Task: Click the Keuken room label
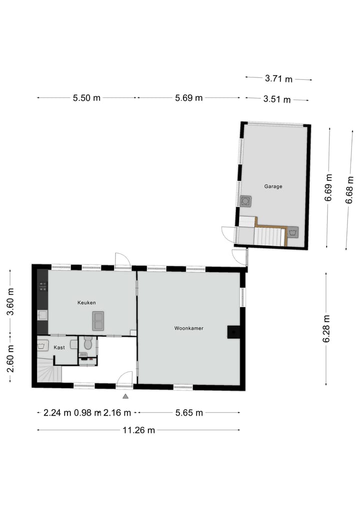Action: click(86, 303)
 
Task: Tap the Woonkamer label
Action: click(188, 328)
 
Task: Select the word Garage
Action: click(273, 186)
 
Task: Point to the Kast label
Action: click(59, 348)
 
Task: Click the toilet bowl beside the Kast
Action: click(88, 344)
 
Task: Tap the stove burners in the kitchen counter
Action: click(43, 287)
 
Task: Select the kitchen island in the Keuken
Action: click(98, 320)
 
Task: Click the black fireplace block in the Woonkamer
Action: click(233, 332)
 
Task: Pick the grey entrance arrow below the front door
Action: click(125, 396)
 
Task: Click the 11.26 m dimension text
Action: click(138, 430)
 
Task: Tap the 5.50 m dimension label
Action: click(86, 98)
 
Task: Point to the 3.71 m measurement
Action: click(278, 78)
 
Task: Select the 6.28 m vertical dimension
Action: click(326, 329)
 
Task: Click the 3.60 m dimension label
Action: click(10, 303)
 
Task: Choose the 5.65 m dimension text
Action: click(188, 413)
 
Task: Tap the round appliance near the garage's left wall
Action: click(245, 201)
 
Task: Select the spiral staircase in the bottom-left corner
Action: click(46, 373)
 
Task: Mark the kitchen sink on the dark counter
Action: click(42, 315)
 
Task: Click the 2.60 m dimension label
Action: click(10, 359)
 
